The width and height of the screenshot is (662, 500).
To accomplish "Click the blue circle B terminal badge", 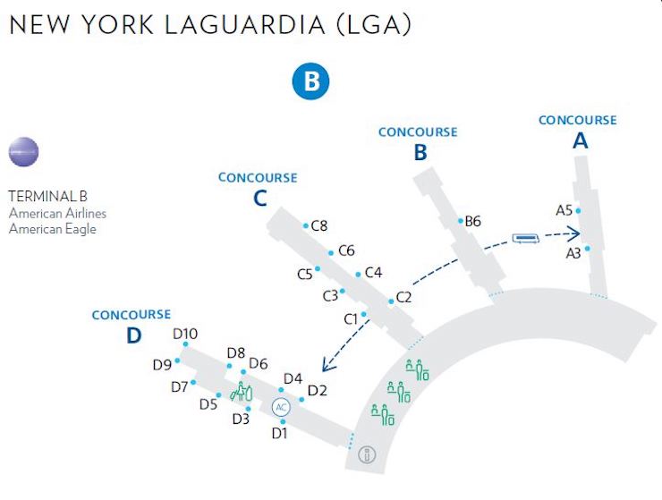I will [x=311, y=81].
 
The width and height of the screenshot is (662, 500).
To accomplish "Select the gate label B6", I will [x=473, y=221].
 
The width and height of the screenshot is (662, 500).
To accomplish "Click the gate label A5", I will [x=564, y=210].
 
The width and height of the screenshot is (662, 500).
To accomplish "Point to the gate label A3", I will [x=573, y=253].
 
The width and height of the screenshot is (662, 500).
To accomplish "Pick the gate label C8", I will [x=319, y=226].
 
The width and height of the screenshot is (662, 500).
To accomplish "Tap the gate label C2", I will [x=403, y=297].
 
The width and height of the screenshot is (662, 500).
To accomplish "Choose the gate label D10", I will [x=184, y=335].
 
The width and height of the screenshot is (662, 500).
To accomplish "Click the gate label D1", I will [x=280, y=433].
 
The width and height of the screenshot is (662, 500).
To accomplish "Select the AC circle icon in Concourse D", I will [x=281, y=407].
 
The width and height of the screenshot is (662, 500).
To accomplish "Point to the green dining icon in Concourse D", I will [x=242, y=390].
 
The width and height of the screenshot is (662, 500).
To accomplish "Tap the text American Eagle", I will [x=52, y=228].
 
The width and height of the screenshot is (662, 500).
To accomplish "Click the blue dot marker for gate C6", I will [x=331, y=252].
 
